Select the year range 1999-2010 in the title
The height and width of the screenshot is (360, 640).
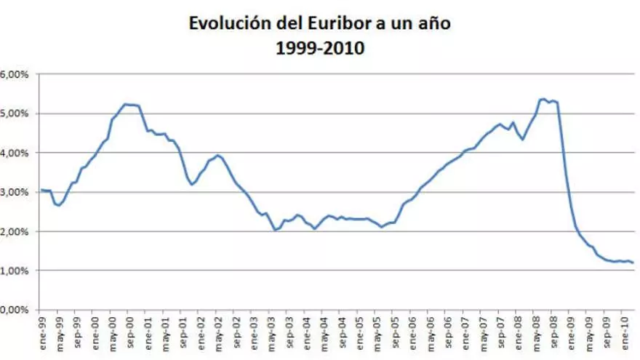click(x=320, y=49)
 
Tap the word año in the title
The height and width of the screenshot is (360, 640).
click(x=434, y=23)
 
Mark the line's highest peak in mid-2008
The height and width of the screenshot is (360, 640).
click(x=543, y=99)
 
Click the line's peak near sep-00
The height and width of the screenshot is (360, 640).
click(x=127, y=104)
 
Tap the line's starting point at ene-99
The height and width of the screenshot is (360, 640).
click(x=41, y=190)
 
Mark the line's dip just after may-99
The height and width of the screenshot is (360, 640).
click(x=58, y=206)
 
